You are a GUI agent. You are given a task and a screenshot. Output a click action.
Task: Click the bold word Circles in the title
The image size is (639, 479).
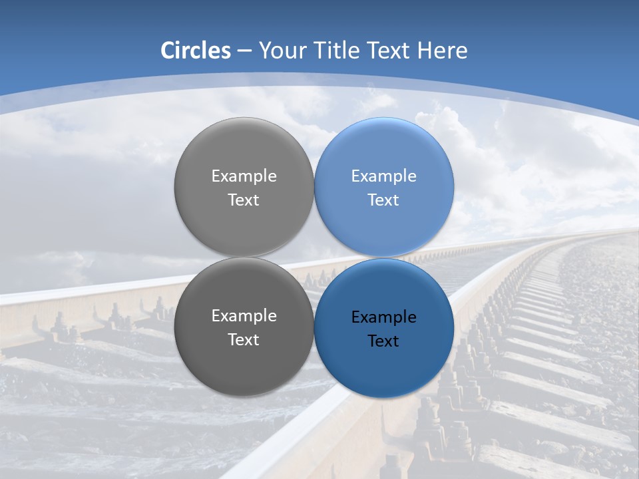[196, 51]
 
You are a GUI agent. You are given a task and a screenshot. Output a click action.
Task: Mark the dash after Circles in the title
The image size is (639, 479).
[244, 51]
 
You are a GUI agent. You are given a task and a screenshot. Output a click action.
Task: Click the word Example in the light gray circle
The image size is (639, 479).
[244, 176]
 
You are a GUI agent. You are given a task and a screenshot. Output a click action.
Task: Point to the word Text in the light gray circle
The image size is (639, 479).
[244, 200]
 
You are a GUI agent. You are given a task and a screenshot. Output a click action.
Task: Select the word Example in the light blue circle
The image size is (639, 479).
[383, 176]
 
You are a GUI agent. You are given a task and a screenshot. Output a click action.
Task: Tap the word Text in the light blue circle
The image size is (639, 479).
[383, 200]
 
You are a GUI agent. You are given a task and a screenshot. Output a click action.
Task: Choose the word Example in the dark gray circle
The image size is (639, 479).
[244, 316]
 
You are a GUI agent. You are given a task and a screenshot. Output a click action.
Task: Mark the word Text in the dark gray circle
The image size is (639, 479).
[244, 340]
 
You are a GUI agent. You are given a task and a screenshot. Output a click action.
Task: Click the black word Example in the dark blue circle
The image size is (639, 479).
[383, 317]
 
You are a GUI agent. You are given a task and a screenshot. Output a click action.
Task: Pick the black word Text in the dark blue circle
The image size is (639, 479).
[383, 341]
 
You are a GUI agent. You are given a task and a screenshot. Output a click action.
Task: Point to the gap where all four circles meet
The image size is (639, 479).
[314, 257]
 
